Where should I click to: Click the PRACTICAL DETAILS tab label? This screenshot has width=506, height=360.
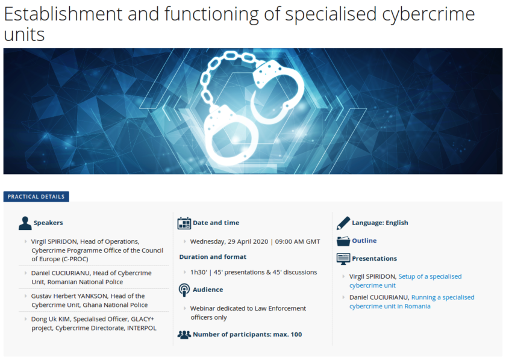point(36,197)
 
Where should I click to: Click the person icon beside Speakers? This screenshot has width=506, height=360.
point(25,223)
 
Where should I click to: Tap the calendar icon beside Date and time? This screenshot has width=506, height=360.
point(184,223)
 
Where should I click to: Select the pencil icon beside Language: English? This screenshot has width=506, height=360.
point(343,223)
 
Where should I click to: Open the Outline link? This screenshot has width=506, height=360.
point(364,241)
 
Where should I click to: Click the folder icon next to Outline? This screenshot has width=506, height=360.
point(343,241)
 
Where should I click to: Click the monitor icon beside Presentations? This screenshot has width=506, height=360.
point(343,259)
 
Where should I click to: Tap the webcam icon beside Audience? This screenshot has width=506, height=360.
point(184,290)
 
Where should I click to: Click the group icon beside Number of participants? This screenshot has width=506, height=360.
point(184,335)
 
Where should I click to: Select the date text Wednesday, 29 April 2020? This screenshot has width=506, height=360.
point(229,242)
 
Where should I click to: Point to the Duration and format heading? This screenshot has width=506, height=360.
point(213,257)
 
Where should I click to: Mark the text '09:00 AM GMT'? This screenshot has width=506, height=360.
point(298,242)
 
